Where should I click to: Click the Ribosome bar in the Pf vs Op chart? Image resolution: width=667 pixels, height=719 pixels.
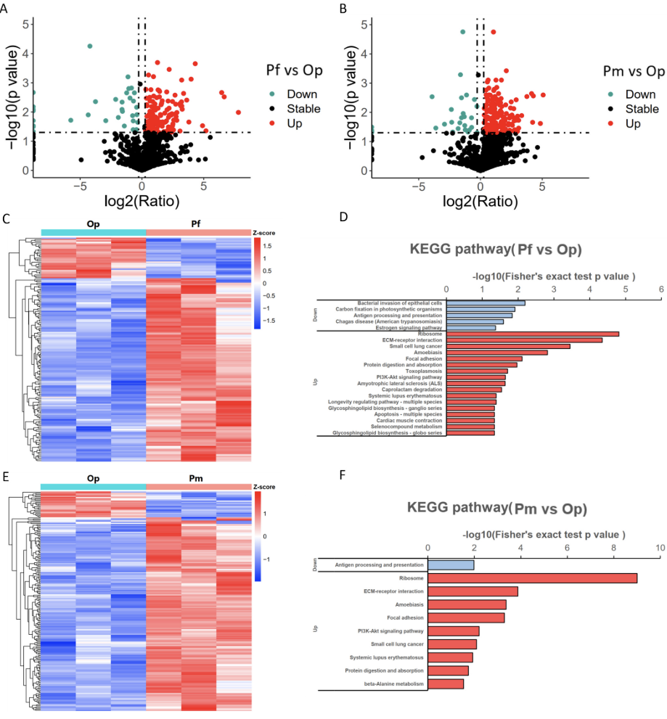click(x=532, y=334)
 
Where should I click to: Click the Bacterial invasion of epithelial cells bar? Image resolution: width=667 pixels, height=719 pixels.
click(x=485, y=303)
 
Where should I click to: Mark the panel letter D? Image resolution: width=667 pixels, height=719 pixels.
click(x=344, y=218)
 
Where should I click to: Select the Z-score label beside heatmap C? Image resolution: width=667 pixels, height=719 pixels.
click(x=264, y=233)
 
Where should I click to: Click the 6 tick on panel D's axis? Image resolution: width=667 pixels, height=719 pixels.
click(x=660, y=289)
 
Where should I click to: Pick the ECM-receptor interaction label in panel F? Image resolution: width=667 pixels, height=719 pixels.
click(x=391, y=591)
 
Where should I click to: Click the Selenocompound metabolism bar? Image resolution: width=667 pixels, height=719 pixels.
click(x=470, y=426)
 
